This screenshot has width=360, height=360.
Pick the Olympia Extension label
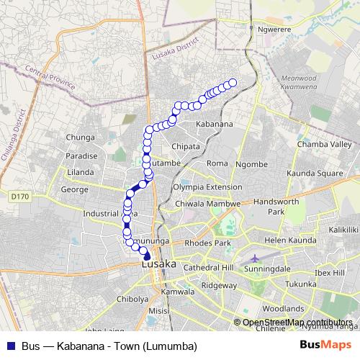[x=207, y=187]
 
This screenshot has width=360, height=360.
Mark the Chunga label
[x=80, y=137]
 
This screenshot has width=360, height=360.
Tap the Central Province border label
[x=50, y=77]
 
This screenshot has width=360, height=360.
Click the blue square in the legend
[x=9, y=346]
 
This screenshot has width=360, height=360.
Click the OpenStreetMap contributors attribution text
[x=297, y=322]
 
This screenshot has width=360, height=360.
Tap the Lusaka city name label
[x=158, y=264]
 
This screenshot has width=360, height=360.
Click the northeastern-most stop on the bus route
[x=233, y=82]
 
